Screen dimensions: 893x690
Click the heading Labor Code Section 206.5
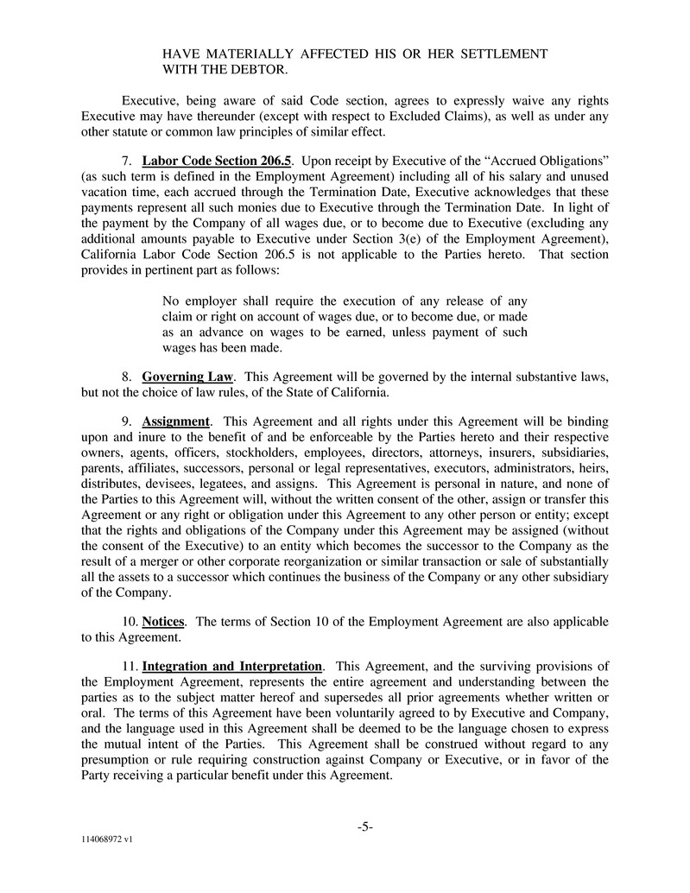coord(217,161)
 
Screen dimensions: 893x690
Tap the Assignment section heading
coord(176,421)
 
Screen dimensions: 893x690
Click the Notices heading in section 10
coord(164,622)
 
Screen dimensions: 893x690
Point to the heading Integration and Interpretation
coord(232,666)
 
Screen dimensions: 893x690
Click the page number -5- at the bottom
coord(364,826)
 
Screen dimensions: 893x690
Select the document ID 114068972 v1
coord(107,839)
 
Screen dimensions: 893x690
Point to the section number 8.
coord(126,377)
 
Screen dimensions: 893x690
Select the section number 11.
coord(129,666)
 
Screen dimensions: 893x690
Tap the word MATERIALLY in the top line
coord(245,54)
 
